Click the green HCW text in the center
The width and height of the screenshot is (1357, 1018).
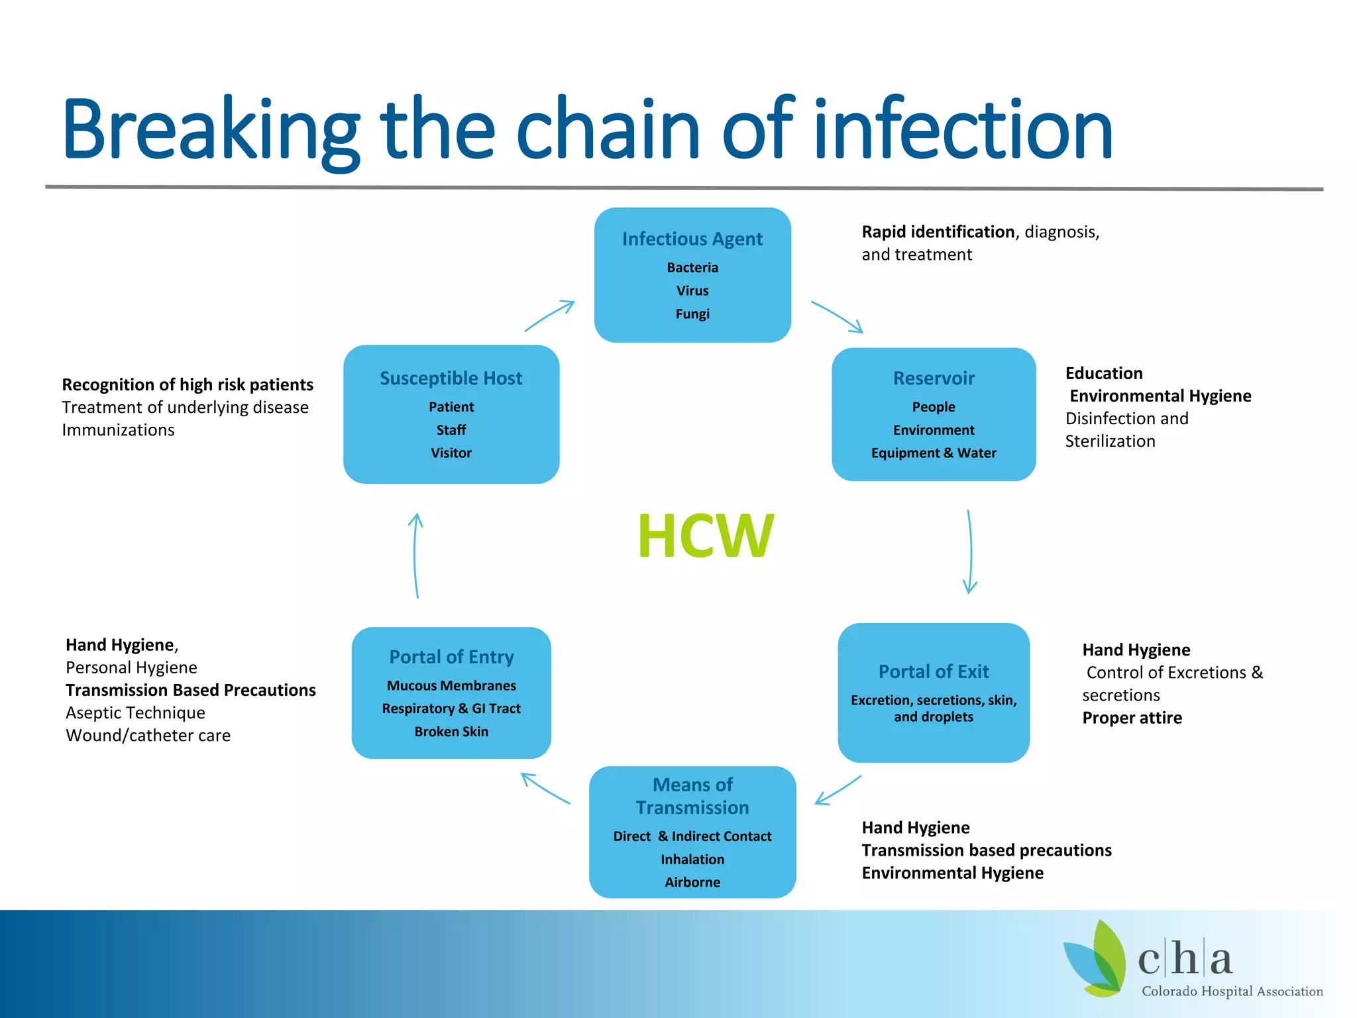(x=705, y=536)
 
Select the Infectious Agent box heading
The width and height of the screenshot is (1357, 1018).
(x=692, y=239)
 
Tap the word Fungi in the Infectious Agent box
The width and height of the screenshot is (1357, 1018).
(x=692, y=313)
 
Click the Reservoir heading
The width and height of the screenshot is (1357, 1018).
(x=933, y=378)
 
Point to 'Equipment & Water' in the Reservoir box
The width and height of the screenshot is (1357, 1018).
(x=933, y=453)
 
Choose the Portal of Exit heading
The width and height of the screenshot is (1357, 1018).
(x=933, y=671)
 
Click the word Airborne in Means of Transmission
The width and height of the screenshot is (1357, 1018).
(x=692, y=882)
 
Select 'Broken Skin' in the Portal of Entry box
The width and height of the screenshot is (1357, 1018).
(x=451, y=732)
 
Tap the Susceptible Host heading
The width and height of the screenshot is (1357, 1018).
(x=451, y=378)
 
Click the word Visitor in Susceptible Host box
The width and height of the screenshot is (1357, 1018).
(x=451, y=453)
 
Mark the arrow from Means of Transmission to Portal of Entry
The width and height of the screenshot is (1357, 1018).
(x=545, y=789)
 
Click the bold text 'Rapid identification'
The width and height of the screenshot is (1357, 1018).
(x=938, y=232)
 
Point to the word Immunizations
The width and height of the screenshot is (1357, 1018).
(x=118, y=430)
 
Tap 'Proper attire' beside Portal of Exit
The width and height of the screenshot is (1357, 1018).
(x=1132, y=718)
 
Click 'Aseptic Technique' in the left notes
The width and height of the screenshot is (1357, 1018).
(x=135, y=712)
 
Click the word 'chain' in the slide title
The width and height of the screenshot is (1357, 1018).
(x=607, y=129)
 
